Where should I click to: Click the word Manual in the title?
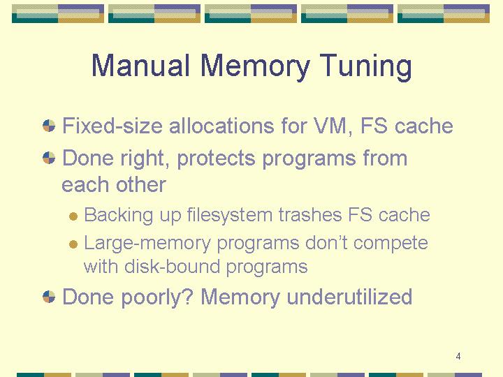click(140, 65)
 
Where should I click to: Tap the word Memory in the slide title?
click(255, 67)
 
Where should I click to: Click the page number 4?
click(458, 356)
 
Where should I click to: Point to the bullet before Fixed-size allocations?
click(49, 126)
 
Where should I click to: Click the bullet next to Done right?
click(49, 158)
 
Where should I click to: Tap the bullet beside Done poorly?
click(49, 297)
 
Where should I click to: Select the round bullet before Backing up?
click(73, 216)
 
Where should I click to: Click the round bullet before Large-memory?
click(73, 244)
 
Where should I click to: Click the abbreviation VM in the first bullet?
click(333, 126)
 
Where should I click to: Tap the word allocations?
click(221, 126)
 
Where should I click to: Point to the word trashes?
click(310, 214)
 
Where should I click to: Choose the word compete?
click(391, 244)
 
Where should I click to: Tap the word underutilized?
click(349, 297)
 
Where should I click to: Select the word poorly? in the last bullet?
click(157, 298)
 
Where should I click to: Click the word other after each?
click(141, 184)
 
